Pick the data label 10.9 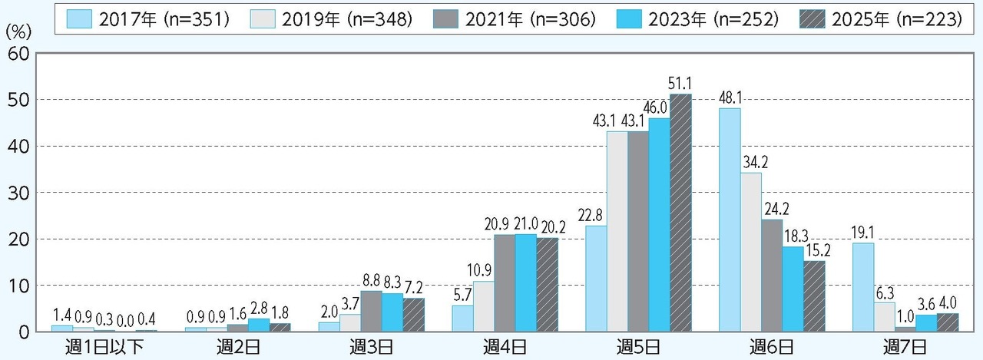483,271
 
